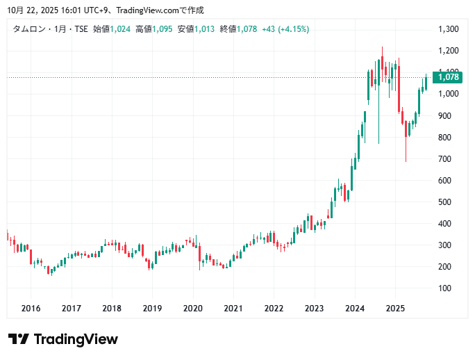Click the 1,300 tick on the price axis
449,29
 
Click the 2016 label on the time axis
31,309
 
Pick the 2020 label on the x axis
192,309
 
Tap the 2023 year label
315,309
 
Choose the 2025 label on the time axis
395,309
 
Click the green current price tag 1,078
449,77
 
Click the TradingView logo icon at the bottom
19,339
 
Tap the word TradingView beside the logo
76,339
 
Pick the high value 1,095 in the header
162,29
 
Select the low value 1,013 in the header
204,29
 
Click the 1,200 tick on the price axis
449,51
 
